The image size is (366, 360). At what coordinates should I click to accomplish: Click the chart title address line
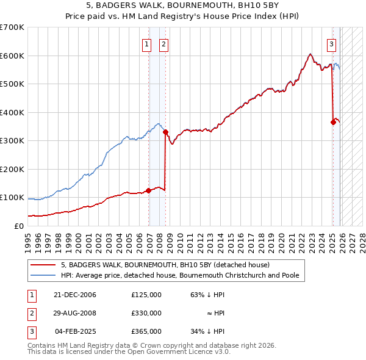pyautogui.click(x=183, y=5)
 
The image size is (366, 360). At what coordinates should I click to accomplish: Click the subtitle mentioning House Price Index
pyautogui.click(x=183, y=15)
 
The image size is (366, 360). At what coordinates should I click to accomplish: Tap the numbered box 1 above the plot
pyautogui.click(x=147, y=43)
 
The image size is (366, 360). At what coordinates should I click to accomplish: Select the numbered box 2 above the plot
pyautogui.click(x=164, y=43)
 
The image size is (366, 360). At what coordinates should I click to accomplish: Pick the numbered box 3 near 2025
pyautogui.click(x=331, y=43)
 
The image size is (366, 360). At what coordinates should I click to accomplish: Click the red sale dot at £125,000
pyautogui.click(x=148, y=190)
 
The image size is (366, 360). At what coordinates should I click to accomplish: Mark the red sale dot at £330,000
pyautogui.click(x=166, y=132)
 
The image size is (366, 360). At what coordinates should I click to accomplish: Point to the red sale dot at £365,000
pyautogui.click(x=333, y=122)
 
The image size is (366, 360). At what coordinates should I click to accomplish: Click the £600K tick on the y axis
pyautogui.click(x=12, y=56)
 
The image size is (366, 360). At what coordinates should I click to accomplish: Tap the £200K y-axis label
pyautogui.click(x=12, y=169)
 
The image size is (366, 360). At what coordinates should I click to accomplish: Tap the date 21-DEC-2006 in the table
pyautogui.click(x=74, y=295)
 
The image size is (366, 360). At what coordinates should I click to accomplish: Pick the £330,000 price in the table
pyautogui.click(x=146, y=313)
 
